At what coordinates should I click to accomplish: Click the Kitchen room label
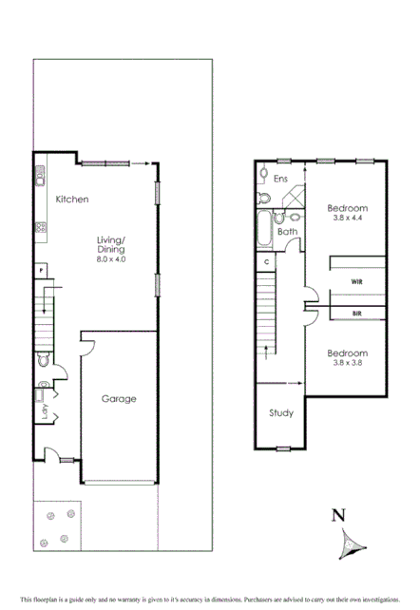point(72,200)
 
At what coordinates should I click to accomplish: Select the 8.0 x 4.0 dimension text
point(110,259)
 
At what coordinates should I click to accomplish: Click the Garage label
point(119,399)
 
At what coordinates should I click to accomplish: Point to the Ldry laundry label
point(44,411)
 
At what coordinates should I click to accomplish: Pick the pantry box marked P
point(42,271)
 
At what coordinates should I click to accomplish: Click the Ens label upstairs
point(280,179)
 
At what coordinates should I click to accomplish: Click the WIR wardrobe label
point(356,281)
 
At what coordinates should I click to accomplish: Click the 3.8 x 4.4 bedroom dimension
point(347,219)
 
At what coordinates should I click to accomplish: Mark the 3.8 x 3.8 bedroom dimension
point(347,362)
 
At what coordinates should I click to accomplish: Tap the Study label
point(280,413)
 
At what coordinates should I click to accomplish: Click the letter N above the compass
point(336,517)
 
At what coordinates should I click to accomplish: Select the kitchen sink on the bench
point(41,176)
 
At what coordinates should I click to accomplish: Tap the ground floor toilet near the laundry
point(43,361)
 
